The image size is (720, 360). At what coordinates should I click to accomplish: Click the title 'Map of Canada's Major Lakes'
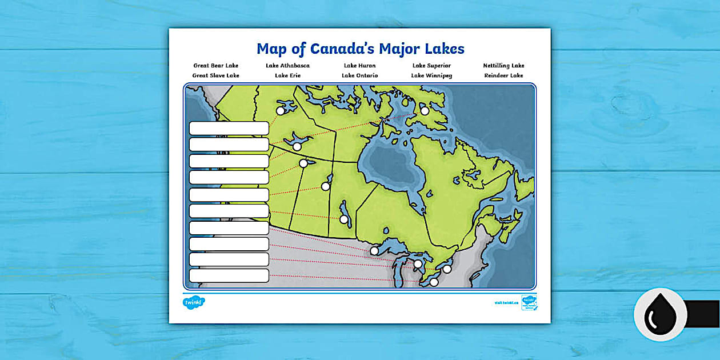[x=360, y=48]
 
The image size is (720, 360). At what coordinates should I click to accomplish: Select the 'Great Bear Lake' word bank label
[x=215, y=66]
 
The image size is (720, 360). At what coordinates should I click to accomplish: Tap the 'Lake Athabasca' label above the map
[x=287, y=66]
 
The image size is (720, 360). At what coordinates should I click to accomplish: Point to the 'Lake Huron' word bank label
[x=359, y=66]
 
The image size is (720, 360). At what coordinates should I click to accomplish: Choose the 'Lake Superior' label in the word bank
[x=431, y=66]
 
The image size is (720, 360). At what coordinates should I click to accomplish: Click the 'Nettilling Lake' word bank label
[x=503, y=66]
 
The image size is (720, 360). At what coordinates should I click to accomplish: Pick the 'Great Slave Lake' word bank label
[x=215, y=75]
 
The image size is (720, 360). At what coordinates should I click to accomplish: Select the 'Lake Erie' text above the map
[x=287, y=75]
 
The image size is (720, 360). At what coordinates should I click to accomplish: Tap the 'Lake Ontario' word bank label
[x=359, y=75]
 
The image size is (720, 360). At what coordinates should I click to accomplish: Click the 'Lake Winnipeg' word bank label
[x=431, y=75]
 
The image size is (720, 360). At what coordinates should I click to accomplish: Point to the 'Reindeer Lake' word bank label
[x=503, y=75]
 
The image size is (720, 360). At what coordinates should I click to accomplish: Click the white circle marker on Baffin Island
[x=425, y=111]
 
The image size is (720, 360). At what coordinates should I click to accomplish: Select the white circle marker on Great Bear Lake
[x=281, y=111]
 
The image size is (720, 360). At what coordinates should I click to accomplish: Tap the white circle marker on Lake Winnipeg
[x=344, y=219]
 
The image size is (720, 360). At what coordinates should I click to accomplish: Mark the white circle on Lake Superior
[x=374, y=251]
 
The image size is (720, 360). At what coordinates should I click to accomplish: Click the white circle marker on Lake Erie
[x=434, y=282]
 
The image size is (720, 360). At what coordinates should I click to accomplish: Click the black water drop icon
[x=660, y=314]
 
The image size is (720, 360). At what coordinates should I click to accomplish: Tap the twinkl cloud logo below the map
[x=194, y=302]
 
